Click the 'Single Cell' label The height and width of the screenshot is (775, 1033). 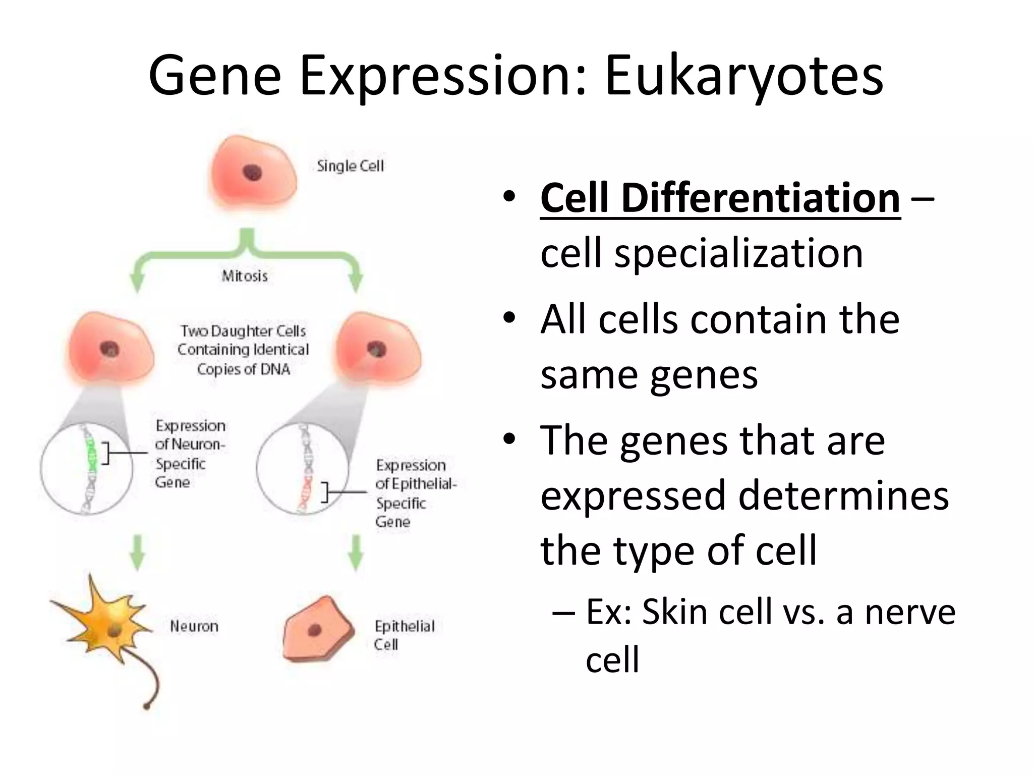[x=350, y=166]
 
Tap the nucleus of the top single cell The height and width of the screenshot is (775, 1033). [x=252, y=173]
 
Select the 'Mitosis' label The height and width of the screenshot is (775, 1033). [x=245, y=276]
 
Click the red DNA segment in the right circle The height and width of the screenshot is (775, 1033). [x=306, y=492]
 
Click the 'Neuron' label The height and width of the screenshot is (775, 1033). [x=194, y=626]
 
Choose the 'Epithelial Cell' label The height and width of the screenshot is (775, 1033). [x=404, y=635]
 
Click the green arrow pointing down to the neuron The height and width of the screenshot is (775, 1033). [x=138, y=552]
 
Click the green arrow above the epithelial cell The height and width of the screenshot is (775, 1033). [x=356, y=552]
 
